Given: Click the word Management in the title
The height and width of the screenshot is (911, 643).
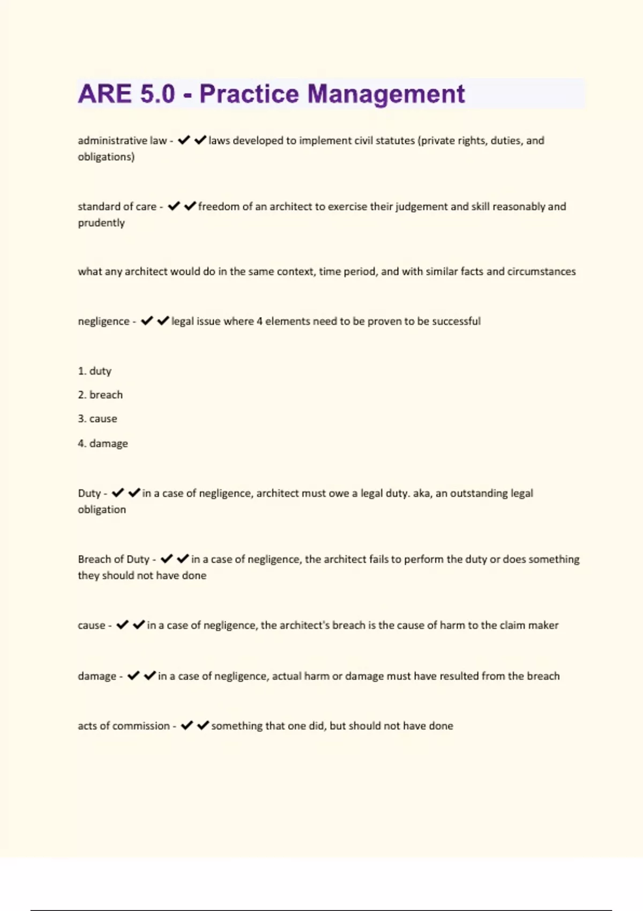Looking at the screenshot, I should [x=386, y=94].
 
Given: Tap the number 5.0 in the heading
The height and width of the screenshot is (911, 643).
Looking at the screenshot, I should [x=158, y=94].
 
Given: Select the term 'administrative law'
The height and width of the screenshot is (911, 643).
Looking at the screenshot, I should [x=122, y=140].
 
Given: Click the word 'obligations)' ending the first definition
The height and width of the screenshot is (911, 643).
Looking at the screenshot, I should [x=106, y=157].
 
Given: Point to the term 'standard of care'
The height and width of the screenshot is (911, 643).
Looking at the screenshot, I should [x=117, y=206].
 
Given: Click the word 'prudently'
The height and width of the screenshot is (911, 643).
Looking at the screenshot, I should [x=101, y=223].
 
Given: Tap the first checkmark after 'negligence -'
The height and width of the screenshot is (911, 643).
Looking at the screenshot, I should [x=147, y=321].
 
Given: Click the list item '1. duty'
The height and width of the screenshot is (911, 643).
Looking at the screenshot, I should [x=95, y=371].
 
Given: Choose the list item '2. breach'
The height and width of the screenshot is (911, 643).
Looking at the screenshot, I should [x=100, y=395].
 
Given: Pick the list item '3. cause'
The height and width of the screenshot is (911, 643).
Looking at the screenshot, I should [x=98, y=419].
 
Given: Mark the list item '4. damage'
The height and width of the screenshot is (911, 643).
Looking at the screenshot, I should [x=103, y=443].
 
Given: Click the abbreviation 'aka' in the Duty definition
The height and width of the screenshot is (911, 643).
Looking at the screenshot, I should [x=421, y=493].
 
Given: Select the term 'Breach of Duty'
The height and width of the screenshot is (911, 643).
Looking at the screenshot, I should [x=114, y=559].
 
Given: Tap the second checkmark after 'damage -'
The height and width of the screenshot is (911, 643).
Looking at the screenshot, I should [x=149, y=676].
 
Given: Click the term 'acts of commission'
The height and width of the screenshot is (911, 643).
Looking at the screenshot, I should [x=124, y=726].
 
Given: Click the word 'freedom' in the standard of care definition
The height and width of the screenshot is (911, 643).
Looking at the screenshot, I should [x=218, y=206].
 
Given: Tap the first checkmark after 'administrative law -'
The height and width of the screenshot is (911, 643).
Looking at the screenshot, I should [x=184, y=140].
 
